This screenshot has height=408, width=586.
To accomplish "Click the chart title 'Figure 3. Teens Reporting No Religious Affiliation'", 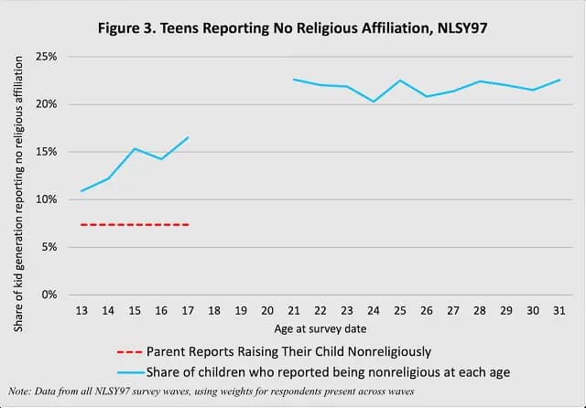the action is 265,28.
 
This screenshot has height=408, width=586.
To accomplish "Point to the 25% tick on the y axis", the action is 47,57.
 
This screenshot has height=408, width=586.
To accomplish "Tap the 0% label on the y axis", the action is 49,295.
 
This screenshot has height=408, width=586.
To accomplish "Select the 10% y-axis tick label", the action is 47,199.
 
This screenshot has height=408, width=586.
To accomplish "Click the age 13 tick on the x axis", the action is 81,310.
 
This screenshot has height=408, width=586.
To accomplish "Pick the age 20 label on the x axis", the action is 267,310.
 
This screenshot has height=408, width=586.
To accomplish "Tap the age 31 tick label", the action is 559,310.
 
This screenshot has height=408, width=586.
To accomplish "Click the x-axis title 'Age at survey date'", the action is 320,328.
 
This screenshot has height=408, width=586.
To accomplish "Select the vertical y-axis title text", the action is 18,194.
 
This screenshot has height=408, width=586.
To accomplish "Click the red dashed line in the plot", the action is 135,225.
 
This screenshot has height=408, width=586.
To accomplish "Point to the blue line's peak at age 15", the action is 135,148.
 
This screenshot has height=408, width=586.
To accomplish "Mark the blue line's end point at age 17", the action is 188,137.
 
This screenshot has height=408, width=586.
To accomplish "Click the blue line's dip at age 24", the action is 374,102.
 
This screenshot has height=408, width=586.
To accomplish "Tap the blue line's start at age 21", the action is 294,80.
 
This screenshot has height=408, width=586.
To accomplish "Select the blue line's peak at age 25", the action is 400,81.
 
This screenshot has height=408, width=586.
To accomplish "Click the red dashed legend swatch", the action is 130,352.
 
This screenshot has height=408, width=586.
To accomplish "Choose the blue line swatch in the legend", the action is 130,372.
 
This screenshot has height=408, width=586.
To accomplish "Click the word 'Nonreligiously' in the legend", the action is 389,352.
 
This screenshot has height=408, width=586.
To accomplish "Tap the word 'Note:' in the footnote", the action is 20,392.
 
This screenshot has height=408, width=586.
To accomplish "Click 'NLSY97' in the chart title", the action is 462,28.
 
